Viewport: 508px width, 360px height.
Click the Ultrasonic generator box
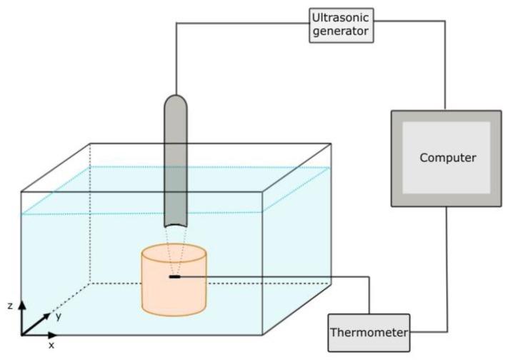(x=342, y=24)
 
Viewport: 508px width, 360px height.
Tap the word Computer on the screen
(x=447, y=158)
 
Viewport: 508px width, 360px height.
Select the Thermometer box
(x=369, y=333)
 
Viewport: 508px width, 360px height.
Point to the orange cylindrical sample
(x=174, y=293)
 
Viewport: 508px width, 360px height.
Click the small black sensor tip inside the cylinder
(x=174, y=276)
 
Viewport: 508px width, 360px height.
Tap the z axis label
(x=10, y=305)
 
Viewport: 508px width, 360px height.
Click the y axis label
(x=58, y=316)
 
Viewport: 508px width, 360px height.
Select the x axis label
(x=51, y=345)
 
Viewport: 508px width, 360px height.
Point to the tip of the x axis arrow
(x=57, y=334)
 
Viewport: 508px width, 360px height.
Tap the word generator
(x=342, y=31)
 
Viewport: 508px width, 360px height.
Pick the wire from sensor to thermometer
(x=286, y=276)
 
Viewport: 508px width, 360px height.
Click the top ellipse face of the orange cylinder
(x=174, y=254)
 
